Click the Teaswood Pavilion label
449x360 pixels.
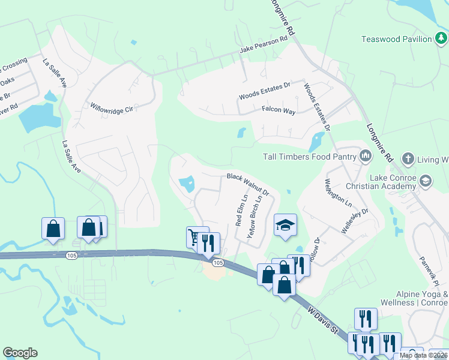pos(396,39)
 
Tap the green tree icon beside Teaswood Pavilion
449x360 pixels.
pos(441,39)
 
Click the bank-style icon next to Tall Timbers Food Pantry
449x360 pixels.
pos(365,157)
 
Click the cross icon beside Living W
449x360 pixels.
pos(408,159)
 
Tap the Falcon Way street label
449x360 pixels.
pos(279,111)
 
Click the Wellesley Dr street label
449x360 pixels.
pos(355,221)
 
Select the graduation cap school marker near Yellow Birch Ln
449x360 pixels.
pos(286,226)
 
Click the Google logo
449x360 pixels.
pos(20,353)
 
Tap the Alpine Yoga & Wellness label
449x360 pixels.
pos(421,298)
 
